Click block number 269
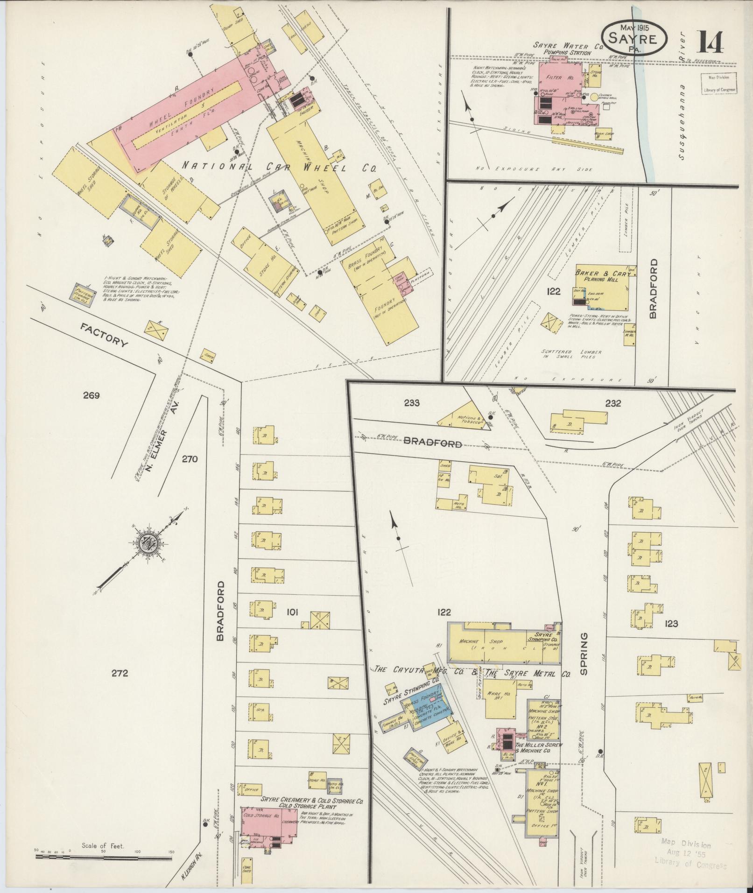point(91,396)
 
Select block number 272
point(120,673)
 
